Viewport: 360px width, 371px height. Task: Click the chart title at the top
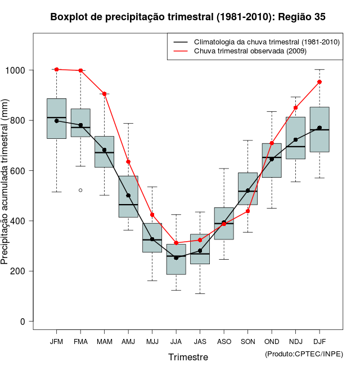tap(188, 17)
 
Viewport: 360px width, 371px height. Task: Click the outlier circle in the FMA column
tap(80, 190)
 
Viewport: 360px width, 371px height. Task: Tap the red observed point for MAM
tap(105, 94)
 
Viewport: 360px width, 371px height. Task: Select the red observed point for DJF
tap(319, 82)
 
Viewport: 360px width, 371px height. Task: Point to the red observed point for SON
tap(248, 211)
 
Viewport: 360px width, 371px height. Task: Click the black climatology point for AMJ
tap(128, 196)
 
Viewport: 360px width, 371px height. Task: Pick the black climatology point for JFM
tap(57, 121)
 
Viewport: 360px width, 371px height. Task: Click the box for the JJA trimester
tap(176, 259)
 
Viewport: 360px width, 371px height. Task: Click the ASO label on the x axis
tap(224, 342)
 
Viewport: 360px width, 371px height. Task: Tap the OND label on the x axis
tap(272, 342)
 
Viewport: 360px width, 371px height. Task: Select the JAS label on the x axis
tap(200, 342)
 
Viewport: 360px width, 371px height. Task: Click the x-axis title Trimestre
tap(188, 357)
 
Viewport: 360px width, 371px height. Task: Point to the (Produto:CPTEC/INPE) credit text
tap(303, 354)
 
